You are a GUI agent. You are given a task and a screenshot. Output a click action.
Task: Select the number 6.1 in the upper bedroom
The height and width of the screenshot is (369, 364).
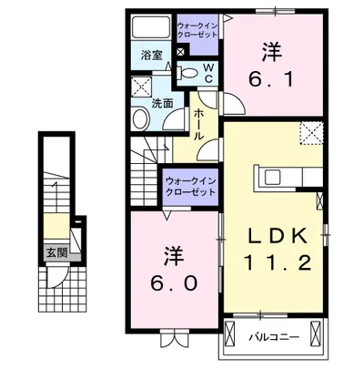pos(271,79)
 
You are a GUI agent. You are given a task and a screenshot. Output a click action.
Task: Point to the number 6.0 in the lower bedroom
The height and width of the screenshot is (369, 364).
pos(172,282)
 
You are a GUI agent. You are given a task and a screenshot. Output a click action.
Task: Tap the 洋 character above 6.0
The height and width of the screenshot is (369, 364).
pos(172,251)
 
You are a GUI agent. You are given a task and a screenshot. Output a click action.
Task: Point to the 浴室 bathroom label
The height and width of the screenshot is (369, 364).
pos(151,56)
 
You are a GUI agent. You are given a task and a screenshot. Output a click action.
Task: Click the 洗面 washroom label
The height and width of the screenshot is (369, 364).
pos(162,104)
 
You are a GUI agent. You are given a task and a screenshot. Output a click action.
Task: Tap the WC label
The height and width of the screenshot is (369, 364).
pos(207,72)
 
